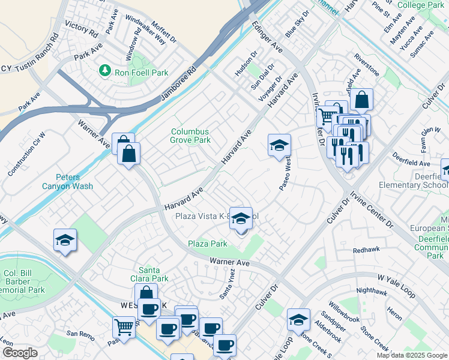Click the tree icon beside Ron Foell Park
tap(106, 71)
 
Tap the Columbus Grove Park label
tap(190, 136)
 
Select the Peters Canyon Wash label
tap(74, 181)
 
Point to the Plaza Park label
tap(207, 244)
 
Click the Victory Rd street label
tap(81, 28)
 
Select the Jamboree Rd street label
tap(179, 84)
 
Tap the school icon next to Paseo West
tap(279, 146)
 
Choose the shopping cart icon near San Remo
tap(124, 328)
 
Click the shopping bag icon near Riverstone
tap(362, 100)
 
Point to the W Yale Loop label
tap(396, 278)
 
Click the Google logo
tap(20, 353)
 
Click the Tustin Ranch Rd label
tap(38, 51)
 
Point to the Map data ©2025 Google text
tap(411, 355)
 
